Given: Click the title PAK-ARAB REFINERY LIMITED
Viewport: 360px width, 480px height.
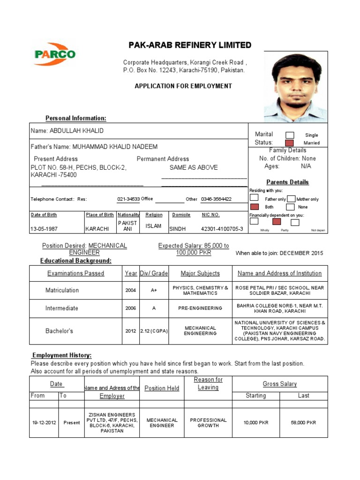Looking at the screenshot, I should click(x=190, y=45).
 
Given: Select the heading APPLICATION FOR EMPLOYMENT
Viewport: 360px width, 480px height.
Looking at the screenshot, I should click(x=183, y=86).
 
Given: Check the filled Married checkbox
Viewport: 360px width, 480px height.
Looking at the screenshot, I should click(x=290, y=143).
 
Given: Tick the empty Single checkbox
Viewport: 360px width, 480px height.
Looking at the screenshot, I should click(x=290, y=135).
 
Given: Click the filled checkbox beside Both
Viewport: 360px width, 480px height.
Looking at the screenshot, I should click(x=255, y=207).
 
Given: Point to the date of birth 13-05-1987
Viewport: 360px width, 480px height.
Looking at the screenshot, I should click(x=45, y=229).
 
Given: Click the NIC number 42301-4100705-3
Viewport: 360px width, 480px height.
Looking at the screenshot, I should click(x=222, y=229).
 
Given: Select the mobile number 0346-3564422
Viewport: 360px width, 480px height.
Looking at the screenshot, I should click(x=216, y=199).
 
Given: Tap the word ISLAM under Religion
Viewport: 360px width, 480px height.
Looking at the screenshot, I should click(x=153, y=226).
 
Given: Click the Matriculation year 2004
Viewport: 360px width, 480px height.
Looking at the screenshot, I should click(x=131, y=290).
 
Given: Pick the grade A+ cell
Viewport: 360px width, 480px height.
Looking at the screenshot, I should click(x=154, y=290).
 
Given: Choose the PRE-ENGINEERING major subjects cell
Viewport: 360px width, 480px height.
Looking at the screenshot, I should click(x=200, y=308).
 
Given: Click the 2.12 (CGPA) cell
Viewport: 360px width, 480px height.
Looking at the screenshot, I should click(x=154, y=331).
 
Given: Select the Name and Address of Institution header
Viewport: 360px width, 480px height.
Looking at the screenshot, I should click(x=279, y=273).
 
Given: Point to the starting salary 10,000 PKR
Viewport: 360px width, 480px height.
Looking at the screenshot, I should click(x=256, y=423).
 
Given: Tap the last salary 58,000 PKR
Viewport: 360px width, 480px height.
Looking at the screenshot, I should click(x=303, y=423).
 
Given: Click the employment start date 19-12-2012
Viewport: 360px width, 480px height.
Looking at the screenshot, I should click(x=44, y=423).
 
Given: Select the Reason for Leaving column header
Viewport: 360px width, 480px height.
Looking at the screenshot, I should click(x=208, y=383).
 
